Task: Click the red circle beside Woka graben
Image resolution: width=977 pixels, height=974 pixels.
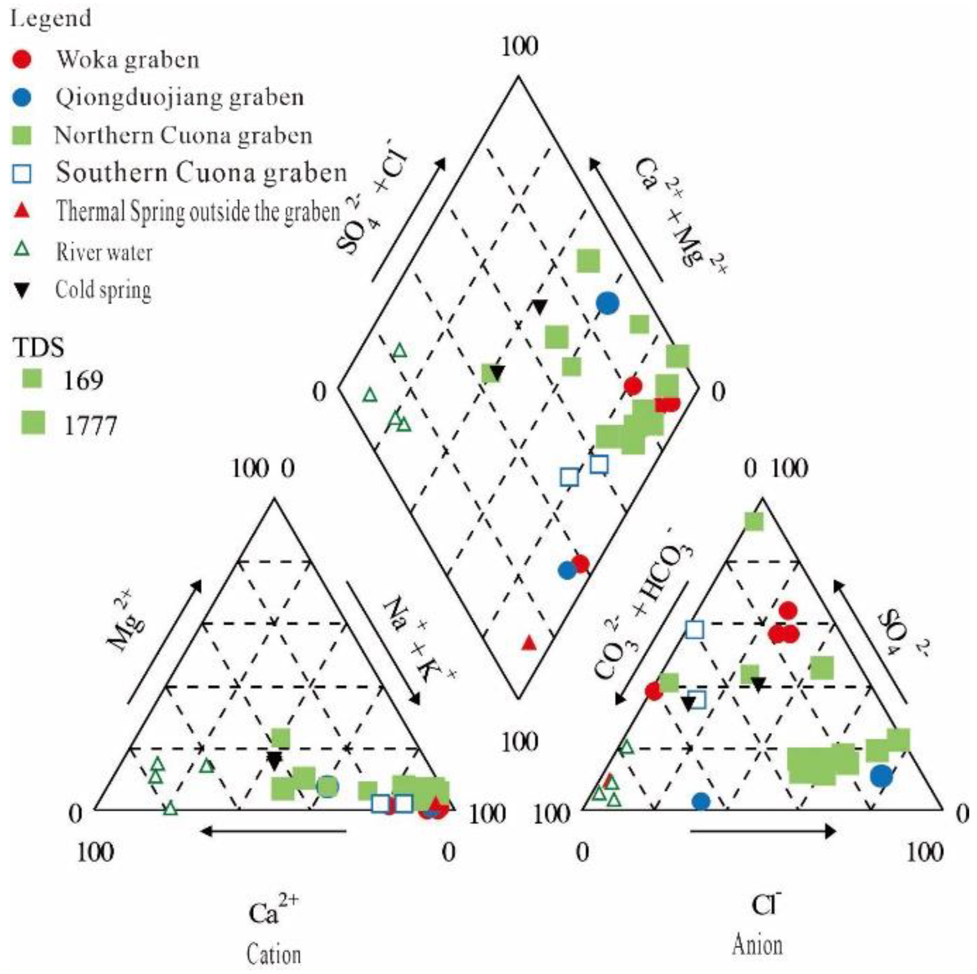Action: click(22, 59)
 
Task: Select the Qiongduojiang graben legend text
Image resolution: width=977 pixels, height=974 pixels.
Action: click(179, 97)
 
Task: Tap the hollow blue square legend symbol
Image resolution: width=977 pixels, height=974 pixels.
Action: click(22, 173)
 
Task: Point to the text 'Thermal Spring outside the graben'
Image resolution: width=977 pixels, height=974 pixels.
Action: click(198, 211)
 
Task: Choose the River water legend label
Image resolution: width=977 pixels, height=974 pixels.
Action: click(104, 252)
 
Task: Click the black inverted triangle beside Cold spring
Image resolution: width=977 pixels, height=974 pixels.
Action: click(22, 290)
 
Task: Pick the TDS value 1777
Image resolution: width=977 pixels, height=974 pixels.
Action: click(91, 425)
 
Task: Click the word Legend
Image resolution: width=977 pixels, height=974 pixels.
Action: click(51, 19)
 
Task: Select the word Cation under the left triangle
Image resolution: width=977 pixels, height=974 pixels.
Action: click(274, 954)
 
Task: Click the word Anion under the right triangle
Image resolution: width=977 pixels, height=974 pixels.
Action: click(757, 945)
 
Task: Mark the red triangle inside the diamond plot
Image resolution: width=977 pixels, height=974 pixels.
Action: click(529, 643)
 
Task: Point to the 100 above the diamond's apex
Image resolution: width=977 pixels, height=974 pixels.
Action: click(519, 47)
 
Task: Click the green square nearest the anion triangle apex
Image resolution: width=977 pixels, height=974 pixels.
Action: click(754, 521)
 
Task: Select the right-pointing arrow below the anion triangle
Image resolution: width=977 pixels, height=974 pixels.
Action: click(762, 831)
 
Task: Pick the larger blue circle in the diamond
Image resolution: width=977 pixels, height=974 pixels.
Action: click(607, 303)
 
